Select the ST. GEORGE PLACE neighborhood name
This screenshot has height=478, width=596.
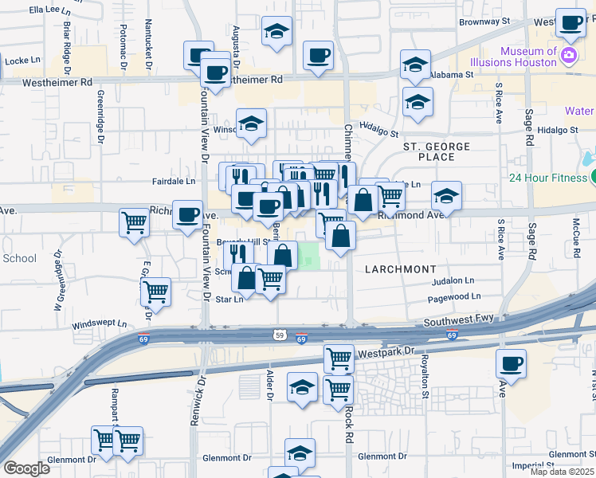tap(436, 151)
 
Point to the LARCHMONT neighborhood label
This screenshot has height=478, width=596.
tap(400, 269)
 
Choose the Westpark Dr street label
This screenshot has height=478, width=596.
tap(387, 350)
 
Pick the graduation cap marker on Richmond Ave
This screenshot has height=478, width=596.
tap(447, 196)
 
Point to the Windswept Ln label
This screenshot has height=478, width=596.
tap(99, 324)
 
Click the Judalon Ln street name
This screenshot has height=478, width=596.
tap(452, 281)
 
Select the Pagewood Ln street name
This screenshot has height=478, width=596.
tap(454, 296)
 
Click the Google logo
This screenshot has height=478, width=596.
tap(26, 468)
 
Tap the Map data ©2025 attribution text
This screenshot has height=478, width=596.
tap(562, 472)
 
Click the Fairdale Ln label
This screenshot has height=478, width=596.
tap(174, 182)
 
